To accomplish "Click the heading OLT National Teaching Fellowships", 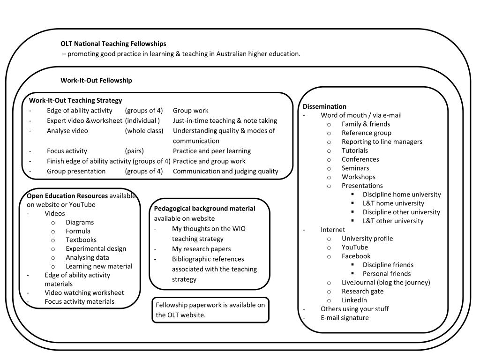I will pos(113,44).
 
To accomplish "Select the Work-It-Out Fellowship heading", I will pos(96,80).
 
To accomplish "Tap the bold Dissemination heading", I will pos(324,106).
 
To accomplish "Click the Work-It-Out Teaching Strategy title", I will pos(75,100).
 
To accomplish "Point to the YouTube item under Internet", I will pos(354,247).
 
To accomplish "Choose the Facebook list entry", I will pos(356,256).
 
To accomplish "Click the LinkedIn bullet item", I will pos(354,300).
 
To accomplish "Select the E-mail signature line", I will pos(345,317).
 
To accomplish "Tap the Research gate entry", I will pos(362,291).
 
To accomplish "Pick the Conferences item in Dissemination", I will pos(360,159).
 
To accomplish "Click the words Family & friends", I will pos(366,124).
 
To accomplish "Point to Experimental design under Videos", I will pos(96,248).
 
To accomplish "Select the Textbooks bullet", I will pos(81,240).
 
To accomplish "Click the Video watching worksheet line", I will pos(84,292).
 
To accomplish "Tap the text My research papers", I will pos(201,248).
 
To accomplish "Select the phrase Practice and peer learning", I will pos(211,151).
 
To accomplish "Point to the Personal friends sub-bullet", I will pos(386,273).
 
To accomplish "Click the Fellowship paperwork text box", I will pos(210,310).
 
